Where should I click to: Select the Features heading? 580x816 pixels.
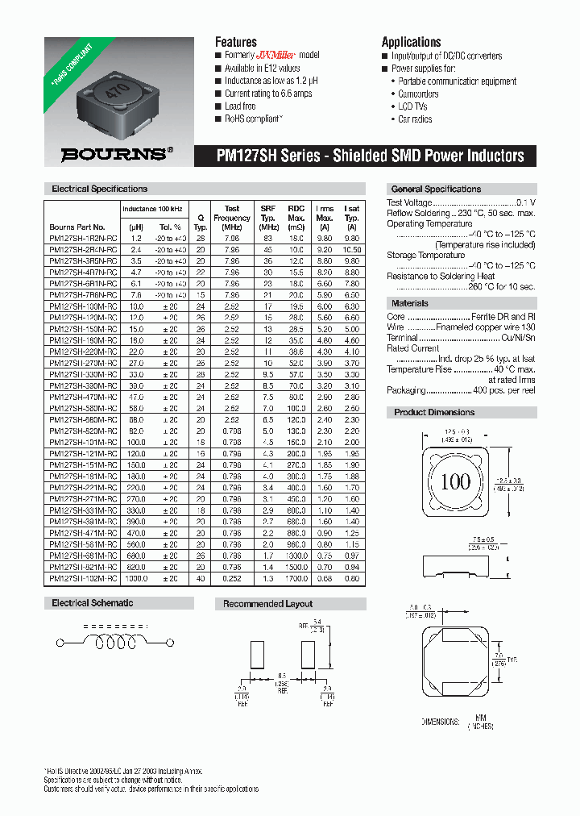[x=235, y=42]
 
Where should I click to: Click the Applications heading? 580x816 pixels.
[x=411, y=42]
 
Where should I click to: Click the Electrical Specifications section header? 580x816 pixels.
[x=99, y=189]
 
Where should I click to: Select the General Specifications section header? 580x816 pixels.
[x=435, y=189]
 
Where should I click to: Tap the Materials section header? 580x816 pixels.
[x=410, y=303]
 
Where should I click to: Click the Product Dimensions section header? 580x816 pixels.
[x=434, y=412]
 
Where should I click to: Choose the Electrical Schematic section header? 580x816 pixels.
[x=93, y=603]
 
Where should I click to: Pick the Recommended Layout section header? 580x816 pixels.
[x=267, y=604]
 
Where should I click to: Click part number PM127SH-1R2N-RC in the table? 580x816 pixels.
[x=83, y=239]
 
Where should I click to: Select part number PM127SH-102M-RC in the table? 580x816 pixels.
[x=83, y=578]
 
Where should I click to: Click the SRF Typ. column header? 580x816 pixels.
[x=267, y=213]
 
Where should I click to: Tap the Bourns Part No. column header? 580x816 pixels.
[x=77, y=227]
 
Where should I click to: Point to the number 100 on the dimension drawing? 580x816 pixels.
[x=455, y=482]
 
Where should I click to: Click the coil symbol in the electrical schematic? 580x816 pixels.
[x=113, y=643]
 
